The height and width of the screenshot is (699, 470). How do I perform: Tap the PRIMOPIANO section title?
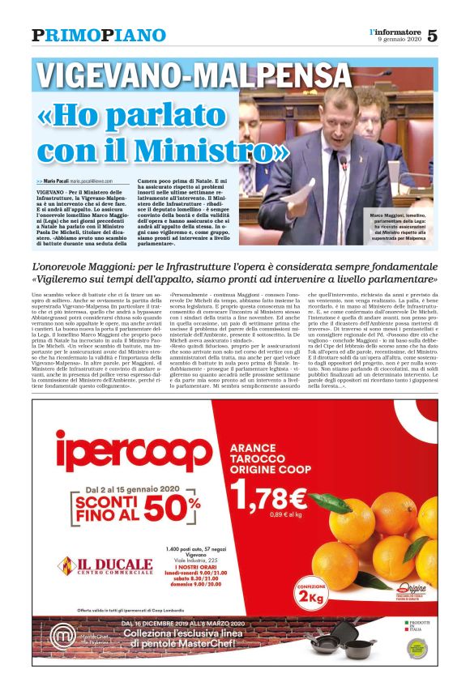(x=99, y=36)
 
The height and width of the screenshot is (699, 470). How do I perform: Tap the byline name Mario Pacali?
(x=56, y=181)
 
